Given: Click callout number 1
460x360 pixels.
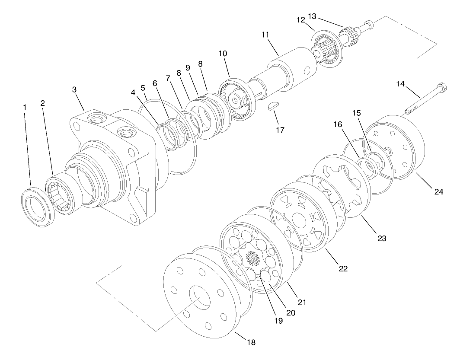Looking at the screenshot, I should pyautogui.click(x=25, y=107).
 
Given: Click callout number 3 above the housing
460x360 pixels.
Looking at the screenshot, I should pyautogui.click(x=74, y=89).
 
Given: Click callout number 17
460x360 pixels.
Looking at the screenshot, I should pyautogui.click(x=280, y=129).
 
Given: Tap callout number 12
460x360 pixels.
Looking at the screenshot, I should pyautogui.click(x=301, y=20).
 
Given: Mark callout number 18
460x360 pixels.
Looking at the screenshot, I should pyautogui.click(x=251, y=342).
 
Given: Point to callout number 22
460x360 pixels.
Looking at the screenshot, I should pyautogui.click(x=343, y=268).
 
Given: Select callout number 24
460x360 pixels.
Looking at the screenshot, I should pyautogui.click(x=439, y=191).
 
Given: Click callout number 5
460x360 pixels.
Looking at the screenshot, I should pyautogui.click(x=143, y=87).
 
